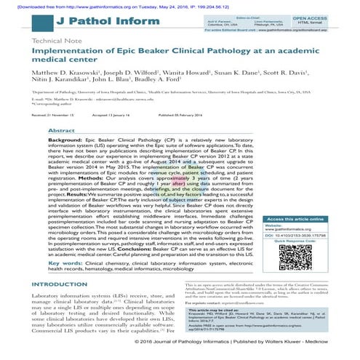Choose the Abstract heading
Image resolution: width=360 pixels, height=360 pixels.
pyautogui.click(x=83, y=127)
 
